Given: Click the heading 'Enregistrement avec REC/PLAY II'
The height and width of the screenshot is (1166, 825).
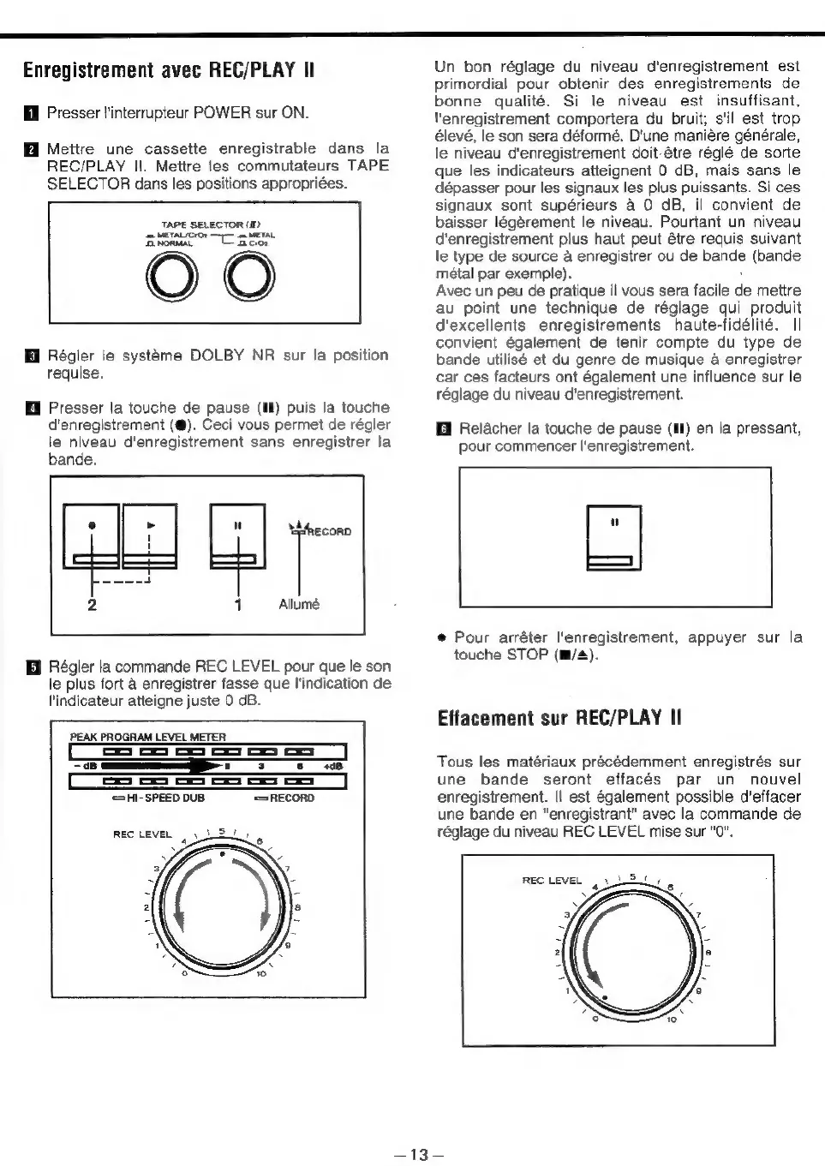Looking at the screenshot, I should pyautogui.click(x=169, y=70).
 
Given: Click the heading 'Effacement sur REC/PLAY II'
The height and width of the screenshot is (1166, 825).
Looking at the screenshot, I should pyautogui.click(x=559, y=717).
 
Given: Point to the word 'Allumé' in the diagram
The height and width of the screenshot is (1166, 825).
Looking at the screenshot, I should pyautogui.click(x=299, y=605).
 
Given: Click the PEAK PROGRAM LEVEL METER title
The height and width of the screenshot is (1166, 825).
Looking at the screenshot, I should pyautogui.click(x=147, y=737).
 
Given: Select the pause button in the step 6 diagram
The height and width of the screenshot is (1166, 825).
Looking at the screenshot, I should pyautogui.click(x=613, y=538).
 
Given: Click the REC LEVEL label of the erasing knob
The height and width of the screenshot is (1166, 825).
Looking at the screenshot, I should pyautogui.click(x=552, y=880).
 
